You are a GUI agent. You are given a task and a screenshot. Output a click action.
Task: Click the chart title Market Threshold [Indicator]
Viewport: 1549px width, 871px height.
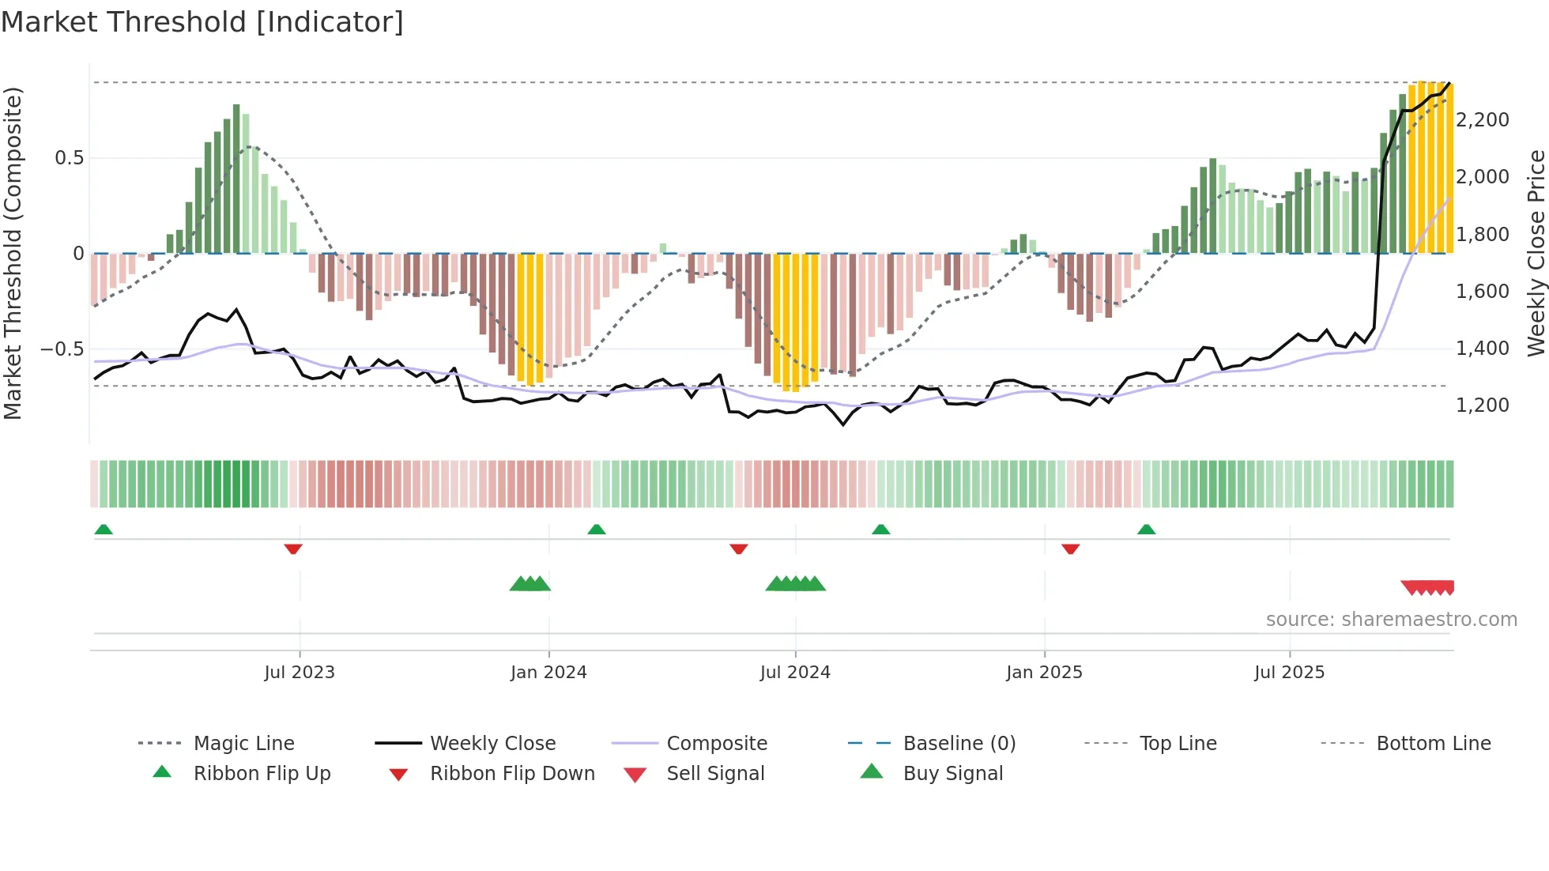pyautogui.click(x=202, y=22)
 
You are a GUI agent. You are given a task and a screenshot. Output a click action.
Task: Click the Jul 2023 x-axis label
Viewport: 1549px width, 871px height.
pyautogui.click(x=300, y=673)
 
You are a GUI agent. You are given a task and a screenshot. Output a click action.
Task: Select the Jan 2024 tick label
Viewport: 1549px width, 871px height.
pyautogui.click(x=548, y=673)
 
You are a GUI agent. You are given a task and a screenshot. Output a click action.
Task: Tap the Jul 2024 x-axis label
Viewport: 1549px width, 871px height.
pyautogui.click(x=795, y=673)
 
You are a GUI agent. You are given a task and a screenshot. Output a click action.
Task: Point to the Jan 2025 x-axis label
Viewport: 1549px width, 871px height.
pyautogui.click(x=1044, y=673)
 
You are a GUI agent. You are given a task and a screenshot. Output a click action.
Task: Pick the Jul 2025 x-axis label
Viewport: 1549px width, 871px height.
pyautogui.click(x=1289, y=673)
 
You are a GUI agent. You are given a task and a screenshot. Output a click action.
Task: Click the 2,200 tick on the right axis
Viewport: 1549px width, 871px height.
pyautogui.click(x=1482, y=120)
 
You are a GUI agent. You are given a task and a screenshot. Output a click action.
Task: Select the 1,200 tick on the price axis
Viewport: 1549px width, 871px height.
pyautogui.click(x=1482, y=405)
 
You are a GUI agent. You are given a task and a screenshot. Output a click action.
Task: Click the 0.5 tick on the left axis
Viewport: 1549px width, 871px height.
pyautogui.click(x=69, y=158)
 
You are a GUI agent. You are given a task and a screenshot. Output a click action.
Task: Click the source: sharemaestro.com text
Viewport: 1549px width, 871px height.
pyautogui.click(x=1391, y=620)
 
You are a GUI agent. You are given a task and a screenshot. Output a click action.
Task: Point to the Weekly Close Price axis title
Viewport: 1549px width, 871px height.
pyautogui.click(x=1536, y=253)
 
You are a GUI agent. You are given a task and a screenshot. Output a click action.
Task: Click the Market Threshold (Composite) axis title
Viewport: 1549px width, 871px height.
pyautogui.click(x=13, y=253)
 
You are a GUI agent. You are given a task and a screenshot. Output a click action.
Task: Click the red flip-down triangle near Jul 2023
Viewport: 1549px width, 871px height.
pyautogui.click(x=293, y=549)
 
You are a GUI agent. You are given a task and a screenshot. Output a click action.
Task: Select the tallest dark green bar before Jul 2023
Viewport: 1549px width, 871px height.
pyautogui.click(x=236, y=178)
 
